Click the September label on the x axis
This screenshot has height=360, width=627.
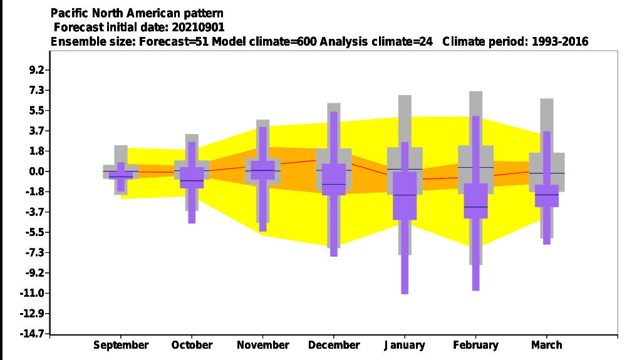pyautogui.click(x=121, y=345)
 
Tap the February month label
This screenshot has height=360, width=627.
pyautogui.click(x=475, y=345)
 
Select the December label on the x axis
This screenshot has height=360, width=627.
pyautogui.click(x=334, y=345)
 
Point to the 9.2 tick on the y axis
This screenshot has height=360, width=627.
pyautogui.click(x=36, y=70)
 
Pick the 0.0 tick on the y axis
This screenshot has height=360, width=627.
pyautogui.click(x=36, y=172)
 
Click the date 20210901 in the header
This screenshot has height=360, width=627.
pyautogui.click(x=198, y=27)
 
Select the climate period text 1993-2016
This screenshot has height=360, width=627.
pyautogui.click(x=560, y=41)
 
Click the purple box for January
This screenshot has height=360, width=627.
pyautogui.click(x=405, y=195)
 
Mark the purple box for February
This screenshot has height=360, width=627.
pyautogui.click(x=476, y=200)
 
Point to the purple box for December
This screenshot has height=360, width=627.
pyautogui.click(x=334, y=180)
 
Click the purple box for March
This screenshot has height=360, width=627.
pyautogui.click(x=547, y=196)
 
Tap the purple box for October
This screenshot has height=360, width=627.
pyautogui.click(x=192, y=177)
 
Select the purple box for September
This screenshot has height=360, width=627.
pyautogui.click(x=121, y=175)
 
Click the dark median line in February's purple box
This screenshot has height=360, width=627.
pyautogui.click(x=476, y=207)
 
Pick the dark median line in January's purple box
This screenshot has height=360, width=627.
pyautogui.click(x=405, y=195)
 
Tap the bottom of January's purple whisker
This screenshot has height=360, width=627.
pyautogui.click(x=405, y=294)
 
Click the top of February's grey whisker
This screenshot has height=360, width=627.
pyautogui.click(x=476, y=91)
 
